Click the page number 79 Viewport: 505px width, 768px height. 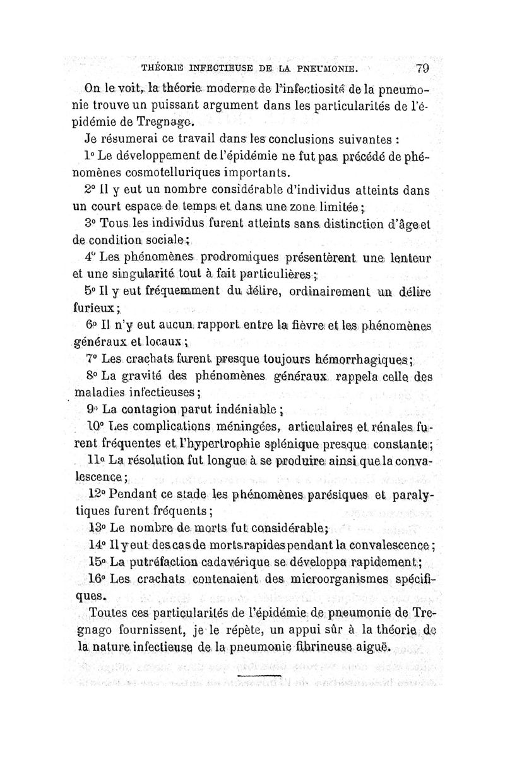[423, 68]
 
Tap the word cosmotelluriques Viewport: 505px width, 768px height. [125, 172]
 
